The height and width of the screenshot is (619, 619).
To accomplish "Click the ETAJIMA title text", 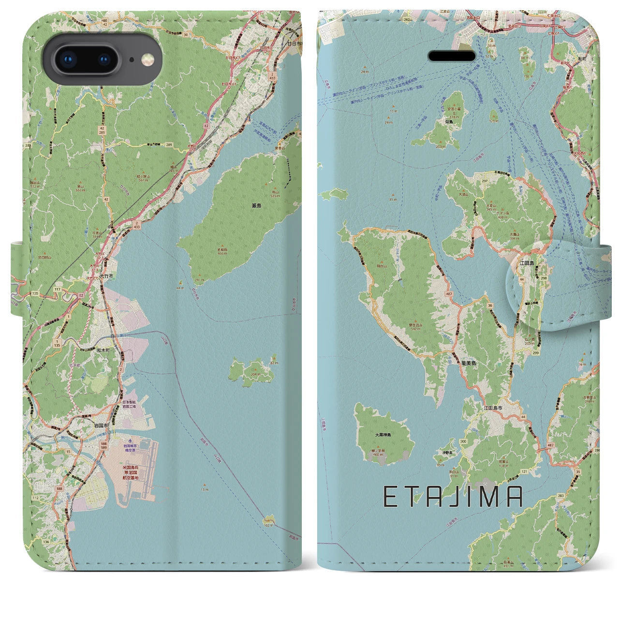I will [x=453, y=497].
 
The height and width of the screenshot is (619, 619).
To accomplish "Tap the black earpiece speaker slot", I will [x=452, y=56].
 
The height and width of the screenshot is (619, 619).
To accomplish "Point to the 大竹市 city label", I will [x=106, y=276].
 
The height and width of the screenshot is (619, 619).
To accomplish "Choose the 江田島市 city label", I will [x=493, y=408].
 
